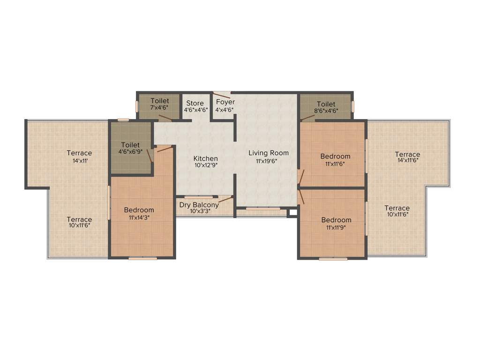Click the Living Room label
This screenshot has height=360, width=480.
pos(268,153)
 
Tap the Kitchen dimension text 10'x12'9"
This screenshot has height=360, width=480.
pos(205,165)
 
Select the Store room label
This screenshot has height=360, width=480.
pos(195,103)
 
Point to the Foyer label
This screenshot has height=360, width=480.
pos(225,102)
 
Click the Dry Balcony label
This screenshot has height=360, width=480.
pos(199,205)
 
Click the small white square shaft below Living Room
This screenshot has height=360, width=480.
pos(293,212)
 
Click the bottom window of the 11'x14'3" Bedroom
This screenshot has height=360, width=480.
pos(142,258)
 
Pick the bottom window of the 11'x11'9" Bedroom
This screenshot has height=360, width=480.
pos(333,258)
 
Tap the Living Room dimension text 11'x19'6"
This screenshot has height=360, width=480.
pos(268,161)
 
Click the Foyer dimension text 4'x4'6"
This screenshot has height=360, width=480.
pos(225,110)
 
